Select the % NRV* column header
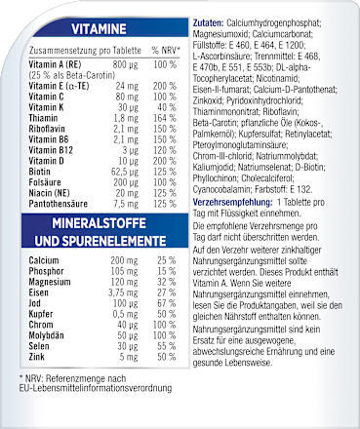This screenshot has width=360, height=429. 171,48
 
